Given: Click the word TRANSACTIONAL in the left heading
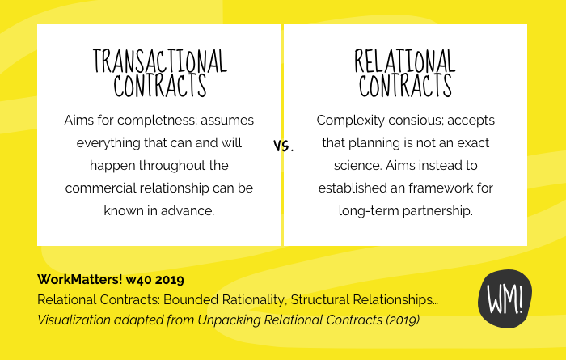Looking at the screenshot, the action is point(159,61).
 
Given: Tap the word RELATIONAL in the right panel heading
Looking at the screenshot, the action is point(405,61).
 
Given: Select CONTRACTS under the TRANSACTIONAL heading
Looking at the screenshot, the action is point(159,85).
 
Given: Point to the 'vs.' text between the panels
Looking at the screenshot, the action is point(283,146).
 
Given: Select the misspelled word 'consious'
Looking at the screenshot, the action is point(413,121).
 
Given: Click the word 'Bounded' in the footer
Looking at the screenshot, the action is point(177,300).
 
